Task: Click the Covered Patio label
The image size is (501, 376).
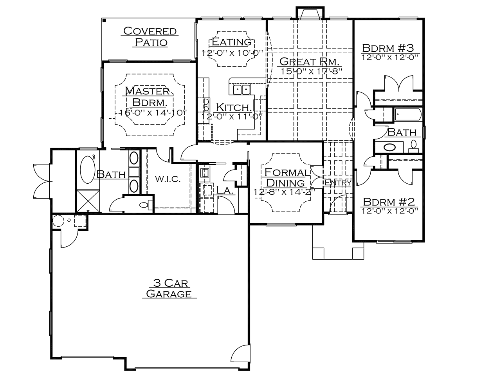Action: tap(150, 36)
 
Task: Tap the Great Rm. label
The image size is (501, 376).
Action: tap(309, 61)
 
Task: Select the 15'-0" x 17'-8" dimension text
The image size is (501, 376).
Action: tap(311, 71)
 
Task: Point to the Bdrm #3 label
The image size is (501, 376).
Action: tap(388, 48)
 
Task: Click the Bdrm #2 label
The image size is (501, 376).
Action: tap(389, 202)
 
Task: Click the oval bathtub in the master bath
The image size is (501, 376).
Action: tap(87, 169)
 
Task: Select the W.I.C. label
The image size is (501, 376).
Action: tap(168, 179)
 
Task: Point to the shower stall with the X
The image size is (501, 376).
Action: tap(88, 201)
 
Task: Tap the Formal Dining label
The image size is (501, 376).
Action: tap(286, 177)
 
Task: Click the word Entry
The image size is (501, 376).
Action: tap(338, 183)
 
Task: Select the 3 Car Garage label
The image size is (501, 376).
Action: tap(169, 288)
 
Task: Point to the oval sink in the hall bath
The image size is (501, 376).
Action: tap(389, 147)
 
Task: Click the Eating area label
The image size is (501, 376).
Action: tap(232, 42)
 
